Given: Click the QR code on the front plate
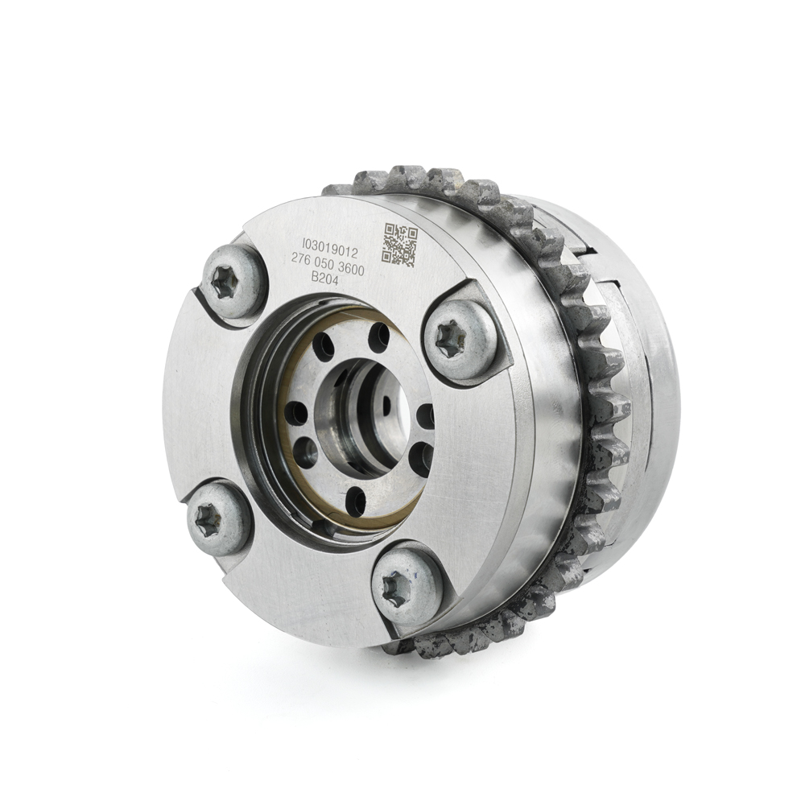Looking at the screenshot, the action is tap(399, 245).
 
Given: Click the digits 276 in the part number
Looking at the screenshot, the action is tap(303, 260).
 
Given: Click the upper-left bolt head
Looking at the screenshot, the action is tap(233, 281).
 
